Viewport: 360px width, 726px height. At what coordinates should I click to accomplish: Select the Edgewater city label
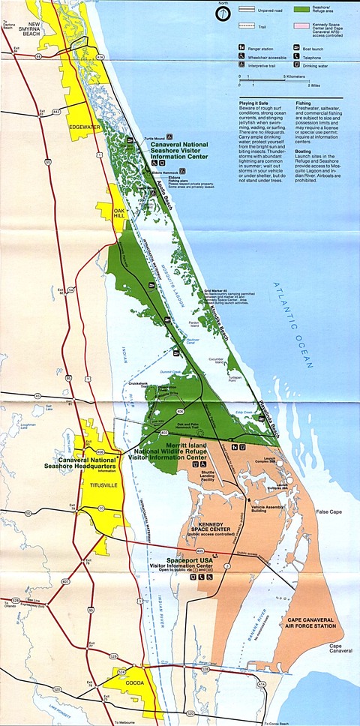pyautogui.click(x=84, y=127)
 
